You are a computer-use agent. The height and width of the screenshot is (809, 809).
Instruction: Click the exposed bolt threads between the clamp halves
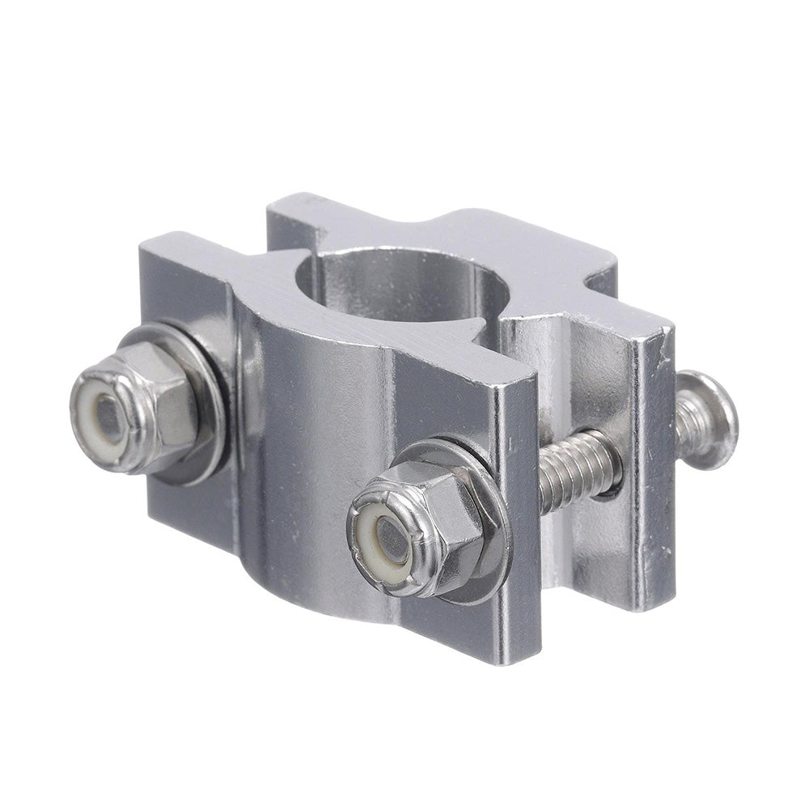(574, 469)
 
